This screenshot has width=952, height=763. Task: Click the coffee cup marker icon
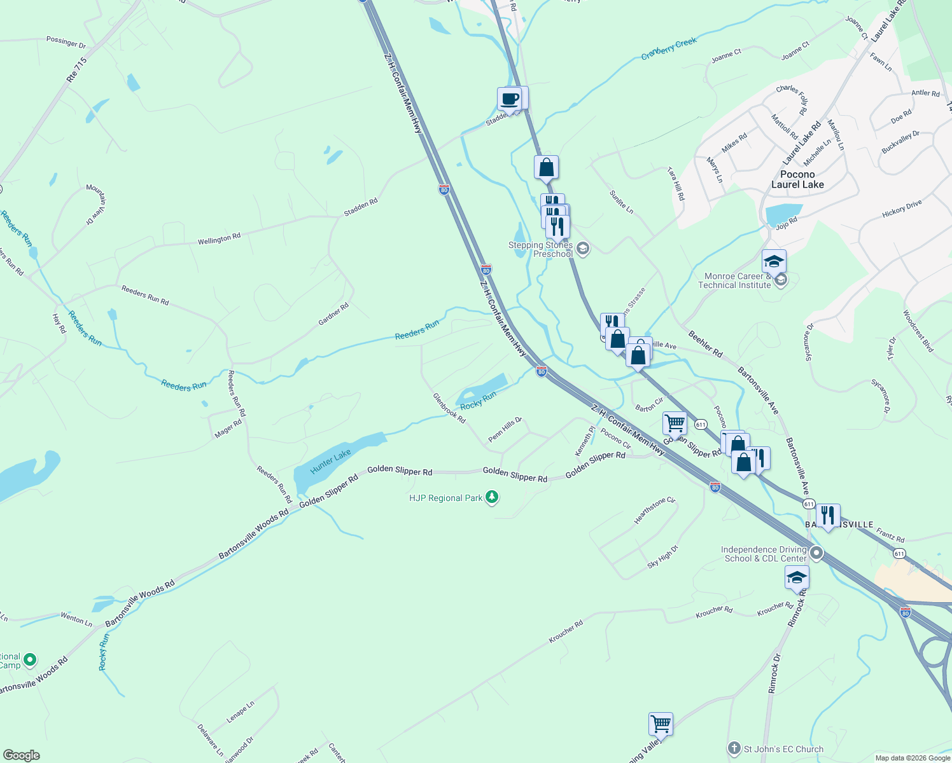(510, 99)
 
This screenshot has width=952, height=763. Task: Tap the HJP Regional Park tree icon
(491, 497)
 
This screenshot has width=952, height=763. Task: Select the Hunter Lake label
(330, 462)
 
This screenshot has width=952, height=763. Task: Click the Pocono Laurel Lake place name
(797, 179)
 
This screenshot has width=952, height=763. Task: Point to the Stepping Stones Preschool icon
(582, 249)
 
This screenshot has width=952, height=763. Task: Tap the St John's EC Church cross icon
(734, 748)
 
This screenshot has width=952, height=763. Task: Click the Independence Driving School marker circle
(816, 553)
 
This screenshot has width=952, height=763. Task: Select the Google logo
(21, 755)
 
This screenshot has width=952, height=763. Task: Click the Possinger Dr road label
(66, 42)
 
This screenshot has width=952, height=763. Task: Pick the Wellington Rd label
(219, 239)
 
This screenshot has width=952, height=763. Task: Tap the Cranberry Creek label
(669, 49)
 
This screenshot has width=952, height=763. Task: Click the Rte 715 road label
(76, 70)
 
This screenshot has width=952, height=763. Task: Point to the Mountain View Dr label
(97, 204)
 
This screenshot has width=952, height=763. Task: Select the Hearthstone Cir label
(654, 511)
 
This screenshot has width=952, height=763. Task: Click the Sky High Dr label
(662, 556)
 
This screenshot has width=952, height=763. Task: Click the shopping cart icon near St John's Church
(661, 724)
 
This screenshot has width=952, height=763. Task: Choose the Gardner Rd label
(333, 314)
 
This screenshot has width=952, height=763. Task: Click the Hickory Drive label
(902, 209)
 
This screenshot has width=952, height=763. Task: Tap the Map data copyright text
(913, 757)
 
